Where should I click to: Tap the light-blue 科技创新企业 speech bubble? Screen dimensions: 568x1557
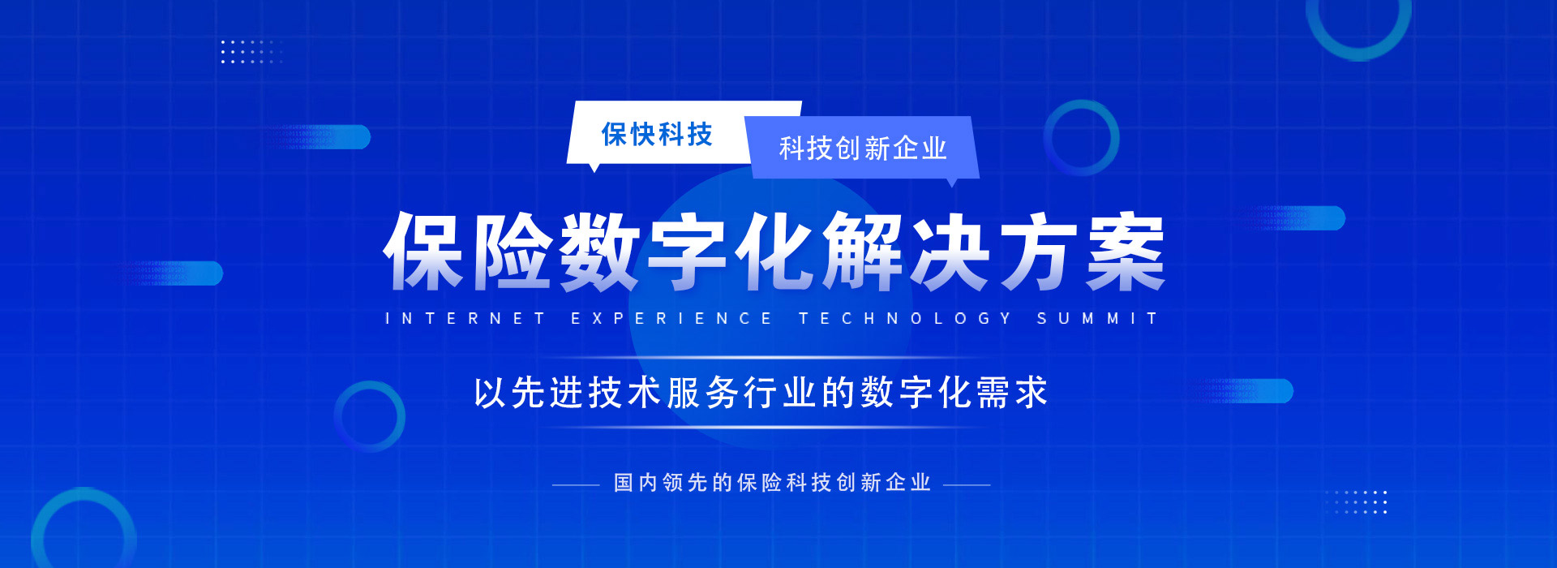pyautogui.click(x=863, y=148)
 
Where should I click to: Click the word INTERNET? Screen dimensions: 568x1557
pyautogui.click(x=465, y=319)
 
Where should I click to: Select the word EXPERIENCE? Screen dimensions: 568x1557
pyautogui.click(x=671, y=319)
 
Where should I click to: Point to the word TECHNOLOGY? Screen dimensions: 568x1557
pyautogui.click(x=906, y=319)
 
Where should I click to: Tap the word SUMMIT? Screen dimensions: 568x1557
pyautogui.click(x=1097, y=319)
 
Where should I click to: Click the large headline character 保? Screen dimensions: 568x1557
pyautogui.click(x=425, y=252)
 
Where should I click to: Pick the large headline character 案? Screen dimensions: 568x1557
pyautogui.click(x=1126, y=252)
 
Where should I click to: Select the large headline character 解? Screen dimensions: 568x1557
pyautogui.click(x=863, y=252)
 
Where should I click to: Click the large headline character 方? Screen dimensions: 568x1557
pyautogui.click(x=1038, y=252)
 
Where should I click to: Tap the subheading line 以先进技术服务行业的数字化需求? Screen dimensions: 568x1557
pyautogui.click(x=761, y=393)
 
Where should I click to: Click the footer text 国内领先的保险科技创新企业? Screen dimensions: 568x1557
pyautogui.click(x=772, y=483)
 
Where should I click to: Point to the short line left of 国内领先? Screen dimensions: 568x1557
pyautogui.click(x=576, y=485)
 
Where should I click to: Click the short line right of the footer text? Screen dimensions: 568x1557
pyautogui.click(x=967, y=485)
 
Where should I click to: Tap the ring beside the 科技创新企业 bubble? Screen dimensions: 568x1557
pyautogui.click(x=1081, y=138)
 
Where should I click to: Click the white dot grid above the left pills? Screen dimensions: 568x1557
pyautogui.click(x=251, y=51)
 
